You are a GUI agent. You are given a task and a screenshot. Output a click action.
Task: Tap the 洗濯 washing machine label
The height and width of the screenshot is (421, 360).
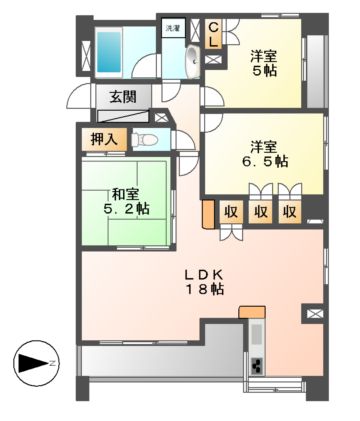point(173,29)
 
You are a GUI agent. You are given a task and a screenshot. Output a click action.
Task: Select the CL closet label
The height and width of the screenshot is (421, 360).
point(214,35)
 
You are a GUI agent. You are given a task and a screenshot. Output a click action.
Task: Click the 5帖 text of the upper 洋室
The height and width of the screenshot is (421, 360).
point(263,72)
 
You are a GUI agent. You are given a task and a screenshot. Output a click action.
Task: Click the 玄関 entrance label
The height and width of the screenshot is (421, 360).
point(124,97)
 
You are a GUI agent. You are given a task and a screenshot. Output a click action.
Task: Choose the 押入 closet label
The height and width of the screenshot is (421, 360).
point(104,138)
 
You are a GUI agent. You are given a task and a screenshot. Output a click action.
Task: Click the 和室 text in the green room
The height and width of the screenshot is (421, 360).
point(124,193)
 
